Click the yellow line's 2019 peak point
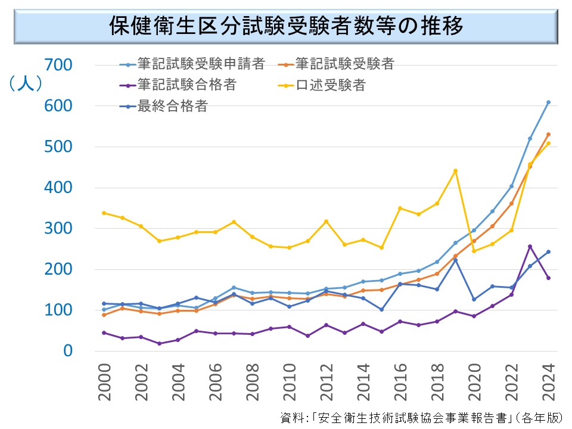[455, 171]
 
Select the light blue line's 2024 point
[548, 102]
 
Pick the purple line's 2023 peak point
[530, 246]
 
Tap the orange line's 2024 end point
[548, 135]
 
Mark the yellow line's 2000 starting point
[104, 213]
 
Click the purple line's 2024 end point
[548, 278]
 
